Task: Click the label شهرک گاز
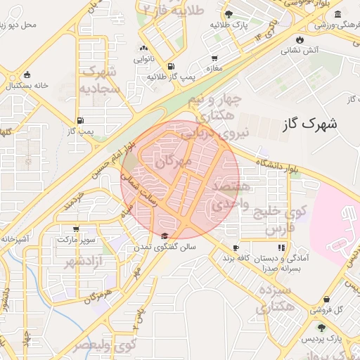[309, 124]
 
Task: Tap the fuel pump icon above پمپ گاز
[81, 120]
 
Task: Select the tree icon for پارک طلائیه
[229, 13]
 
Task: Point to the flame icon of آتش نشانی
[301, 39]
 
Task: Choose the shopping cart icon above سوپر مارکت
[76, 229]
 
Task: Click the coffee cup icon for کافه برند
[236, 247]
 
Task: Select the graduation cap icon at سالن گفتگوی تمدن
[165, 236]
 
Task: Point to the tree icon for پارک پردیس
[322, 328]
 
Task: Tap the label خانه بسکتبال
[27, 85]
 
